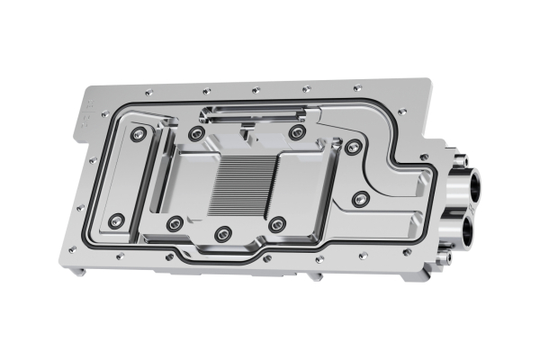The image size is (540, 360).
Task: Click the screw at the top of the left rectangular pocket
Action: pyautogui.click(x=136, y=134)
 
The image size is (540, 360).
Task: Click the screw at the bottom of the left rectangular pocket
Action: pyautogui.click(x=115, y=220)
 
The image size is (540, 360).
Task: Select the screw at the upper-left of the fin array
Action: pyautogui.click(x=195, y=135)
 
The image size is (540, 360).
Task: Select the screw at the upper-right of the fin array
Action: pyautogui.click(x=297, y=133)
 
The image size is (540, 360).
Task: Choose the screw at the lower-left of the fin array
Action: pyautogui.click(x=175, y=222)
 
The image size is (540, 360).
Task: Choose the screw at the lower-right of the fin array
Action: pyautogui.click(x=277, y=224)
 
